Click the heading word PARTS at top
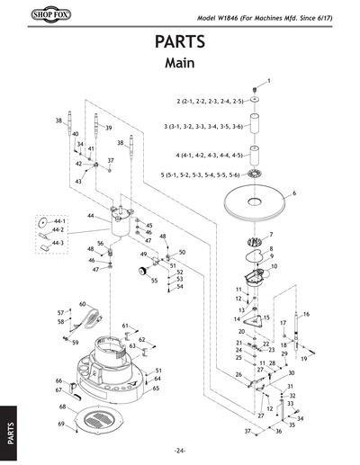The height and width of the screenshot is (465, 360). [180, 44]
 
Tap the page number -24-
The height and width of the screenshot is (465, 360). [180, 450]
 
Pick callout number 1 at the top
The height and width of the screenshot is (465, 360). [267, 82]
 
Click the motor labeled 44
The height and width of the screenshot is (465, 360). [119, 221]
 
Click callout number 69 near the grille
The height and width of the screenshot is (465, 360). [62, 423]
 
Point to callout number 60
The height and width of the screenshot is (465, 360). [82, 304]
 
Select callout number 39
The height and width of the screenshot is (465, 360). [108, 129]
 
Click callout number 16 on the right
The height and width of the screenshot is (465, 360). [306, 314]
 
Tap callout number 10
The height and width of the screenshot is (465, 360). [274, 267]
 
